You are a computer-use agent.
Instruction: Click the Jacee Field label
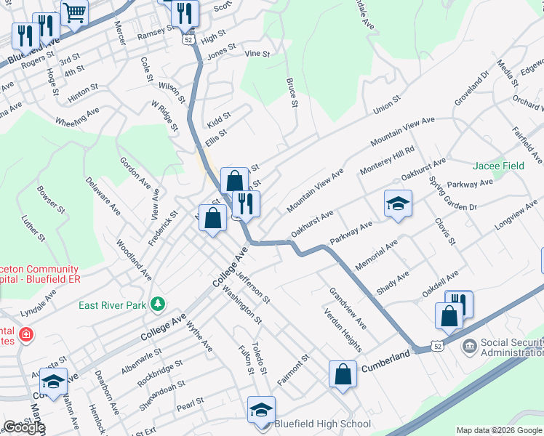[x=499, y=166]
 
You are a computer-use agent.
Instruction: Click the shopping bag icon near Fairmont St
[x=343, y=374]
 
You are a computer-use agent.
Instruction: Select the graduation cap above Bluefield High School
[x=261, y=409]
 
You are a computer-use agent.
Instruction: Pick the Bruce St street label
[x=292, y=94]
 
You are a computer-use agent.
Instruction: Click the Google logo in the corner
[x=23, y=427]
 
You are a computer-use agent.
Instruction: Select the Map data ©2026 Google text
[x=498, y=430]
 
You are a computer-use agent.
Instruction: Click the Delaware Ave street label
[x=103, y=195]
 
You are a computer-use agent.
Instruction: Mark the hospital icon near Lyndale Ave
[x=26, y=335]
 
